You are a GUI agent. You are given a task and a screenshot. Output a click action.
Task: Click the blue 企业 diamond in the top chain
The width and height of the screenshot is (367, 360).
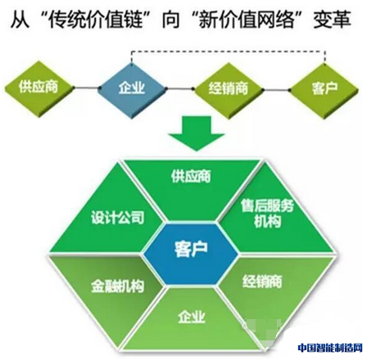point(132,89)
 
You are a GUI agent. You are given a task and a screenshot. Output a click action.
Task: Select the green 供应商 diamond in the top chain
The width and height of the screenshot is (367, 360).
point(39,88)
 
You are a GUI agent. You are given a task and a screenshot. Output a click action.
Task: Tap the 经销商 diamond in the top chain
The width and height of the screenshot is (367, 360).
point(229,90)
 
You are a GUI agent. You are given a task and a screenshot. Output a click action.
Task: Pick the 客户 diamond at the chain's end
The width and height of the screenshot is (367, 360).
point(324,90)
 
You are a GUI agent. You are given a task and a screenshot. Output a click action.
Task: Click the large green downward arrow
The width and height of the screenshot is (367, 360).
point(197,133)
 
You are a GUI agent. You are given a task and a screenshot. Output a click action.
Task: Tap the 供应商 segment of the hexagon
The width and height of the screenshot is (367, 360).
point(192,188)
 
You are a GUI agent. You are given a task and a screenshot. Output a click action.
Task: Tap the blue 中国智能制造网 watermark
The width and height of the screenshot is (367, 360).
point(330,348)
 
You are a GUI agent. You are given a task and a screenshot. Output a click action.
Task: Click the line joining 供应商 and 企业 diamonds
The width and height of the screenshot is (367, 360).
point(87,88)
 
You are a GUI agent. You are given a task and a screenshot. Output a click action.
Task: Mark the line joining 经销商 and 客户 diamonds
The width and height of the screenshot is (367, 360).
point(276,89)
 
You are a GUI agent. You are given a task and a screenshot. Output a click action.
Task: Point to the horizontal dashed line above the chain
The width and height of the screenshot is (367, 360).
point(229,51)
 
